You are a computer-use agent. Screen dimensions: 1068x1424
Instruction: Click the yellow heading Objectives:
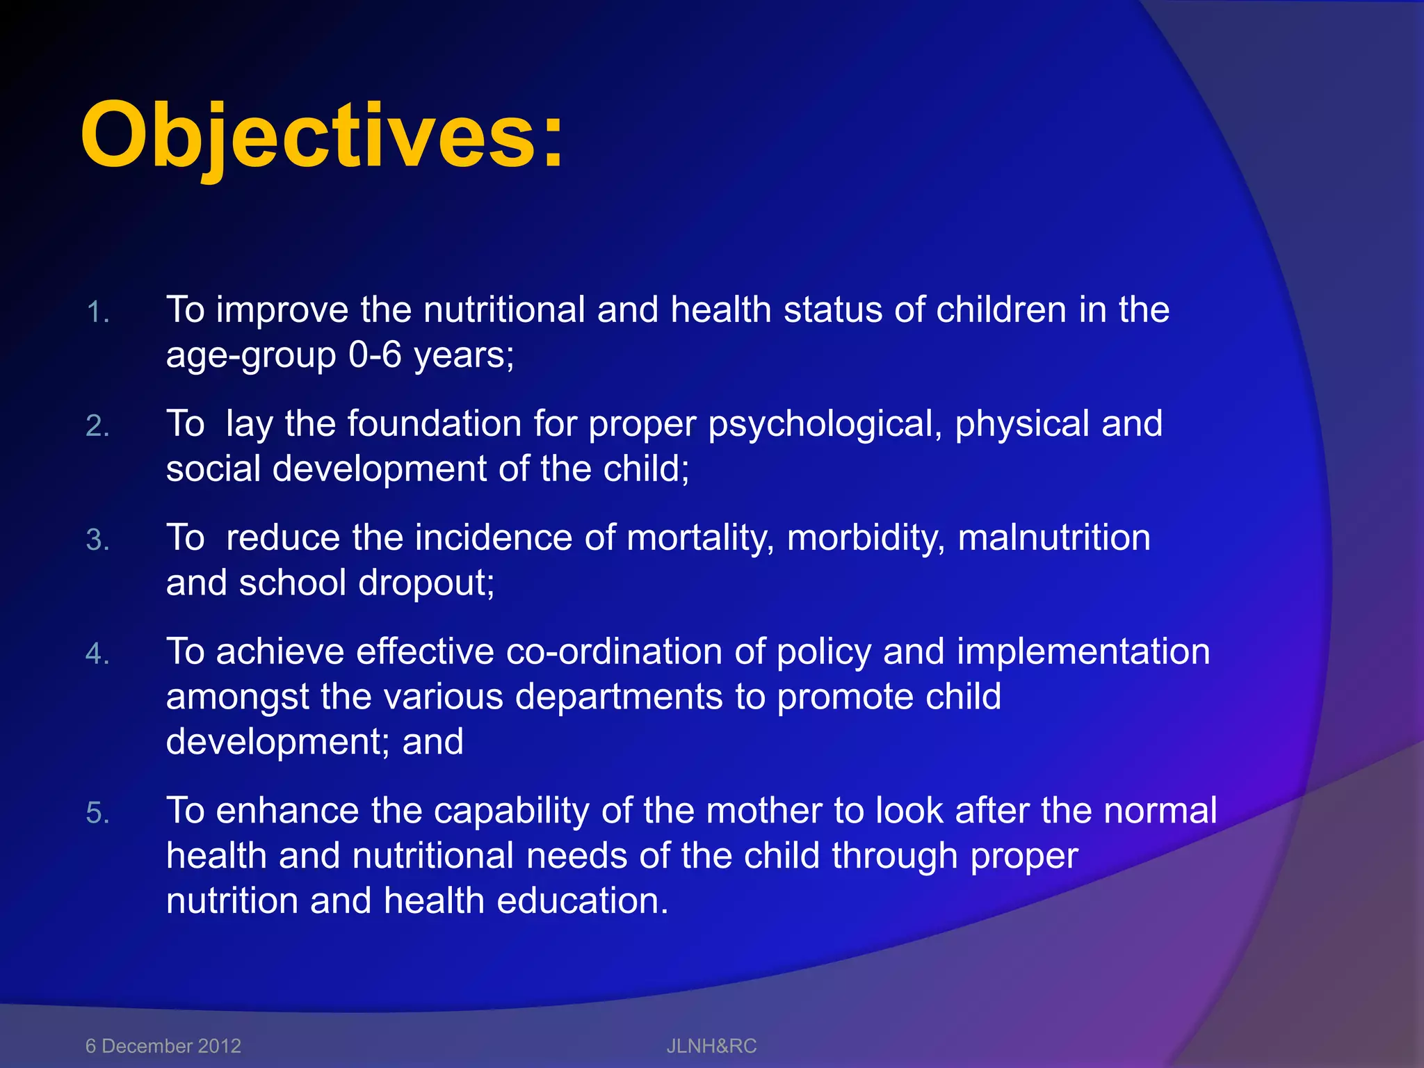tap(322, 136)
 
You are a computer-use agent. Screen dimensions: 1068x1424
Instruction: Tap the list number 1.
tap(97, 313)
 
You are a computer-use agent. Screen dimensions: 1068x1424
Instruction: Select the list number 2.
tap(97, 426)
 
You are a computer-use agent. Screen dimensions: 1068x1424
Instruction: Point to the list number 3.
tap(97, 540)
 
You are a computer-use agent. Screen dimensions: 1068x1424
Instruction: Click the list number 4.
tap(97, 654)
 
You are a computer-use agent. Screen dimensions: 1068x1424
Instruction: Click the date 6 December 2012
tap(163, 1046)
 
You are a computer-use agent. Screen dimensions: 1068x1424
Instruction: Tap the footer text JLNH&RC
tap(711, 1046)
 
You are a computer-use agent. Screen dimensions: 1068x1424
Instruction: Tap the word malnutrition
tap(1053, 538)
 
